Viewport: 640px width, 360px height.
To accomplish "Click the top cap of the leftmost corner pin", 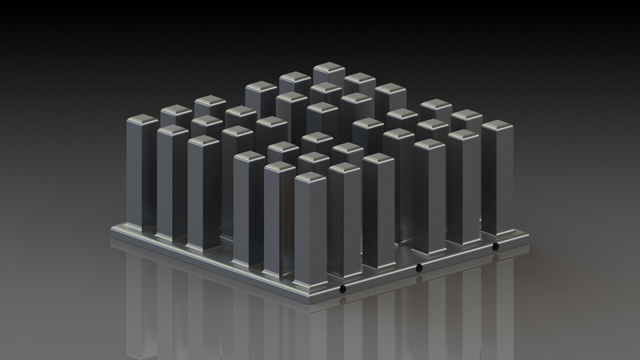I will click(x=142, y=120).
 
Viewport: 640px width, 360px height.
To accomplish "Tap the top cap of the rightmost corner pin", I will click(x=497, y=125).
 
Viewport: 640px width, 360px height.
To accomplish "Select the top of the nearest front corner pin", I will click(x=311, y=177).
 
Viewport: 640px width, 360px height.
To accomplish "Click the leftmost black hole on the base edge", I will click(x=343, y=289).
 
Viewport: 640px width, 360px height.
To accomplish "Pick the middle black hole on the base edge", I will click(x=419, y=268).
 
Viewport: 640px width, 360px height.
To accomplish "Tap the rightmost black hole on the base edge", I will click(x=495, y=247).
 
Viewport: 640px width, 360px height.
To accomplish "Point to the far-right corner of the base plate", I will click(x=530, y=235).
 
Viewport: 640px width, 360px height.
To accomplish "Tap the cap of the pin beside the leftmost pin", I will click(x=173, y=130).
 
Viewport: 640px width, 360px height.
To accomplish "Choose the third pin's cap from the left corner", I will click(x=203, y=141).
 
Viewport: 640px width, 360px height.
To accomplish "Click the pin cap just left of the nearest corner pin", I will click(x=280, y=167).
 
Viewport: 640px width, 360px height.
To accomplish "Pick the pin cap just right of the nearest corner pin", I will click(x=344, y=167).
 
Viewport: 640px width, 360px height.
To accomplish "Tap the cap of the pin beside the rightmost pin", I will click(x=463, y=135).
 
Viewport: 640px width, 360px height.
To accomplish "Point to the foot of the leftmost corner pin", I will click(x=142, y=226).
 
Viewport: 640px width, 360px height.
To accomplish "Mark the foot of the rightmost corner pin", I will click(x=497, y=233).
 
